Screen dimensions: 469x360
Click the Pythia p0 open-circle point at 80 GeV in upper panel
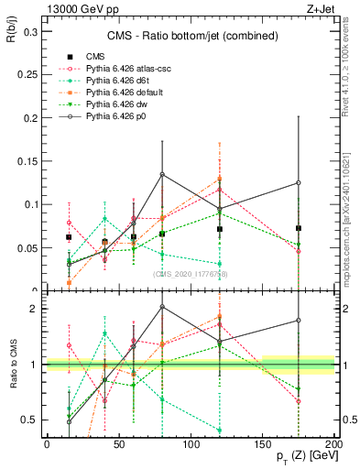(x=162, y=174)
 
